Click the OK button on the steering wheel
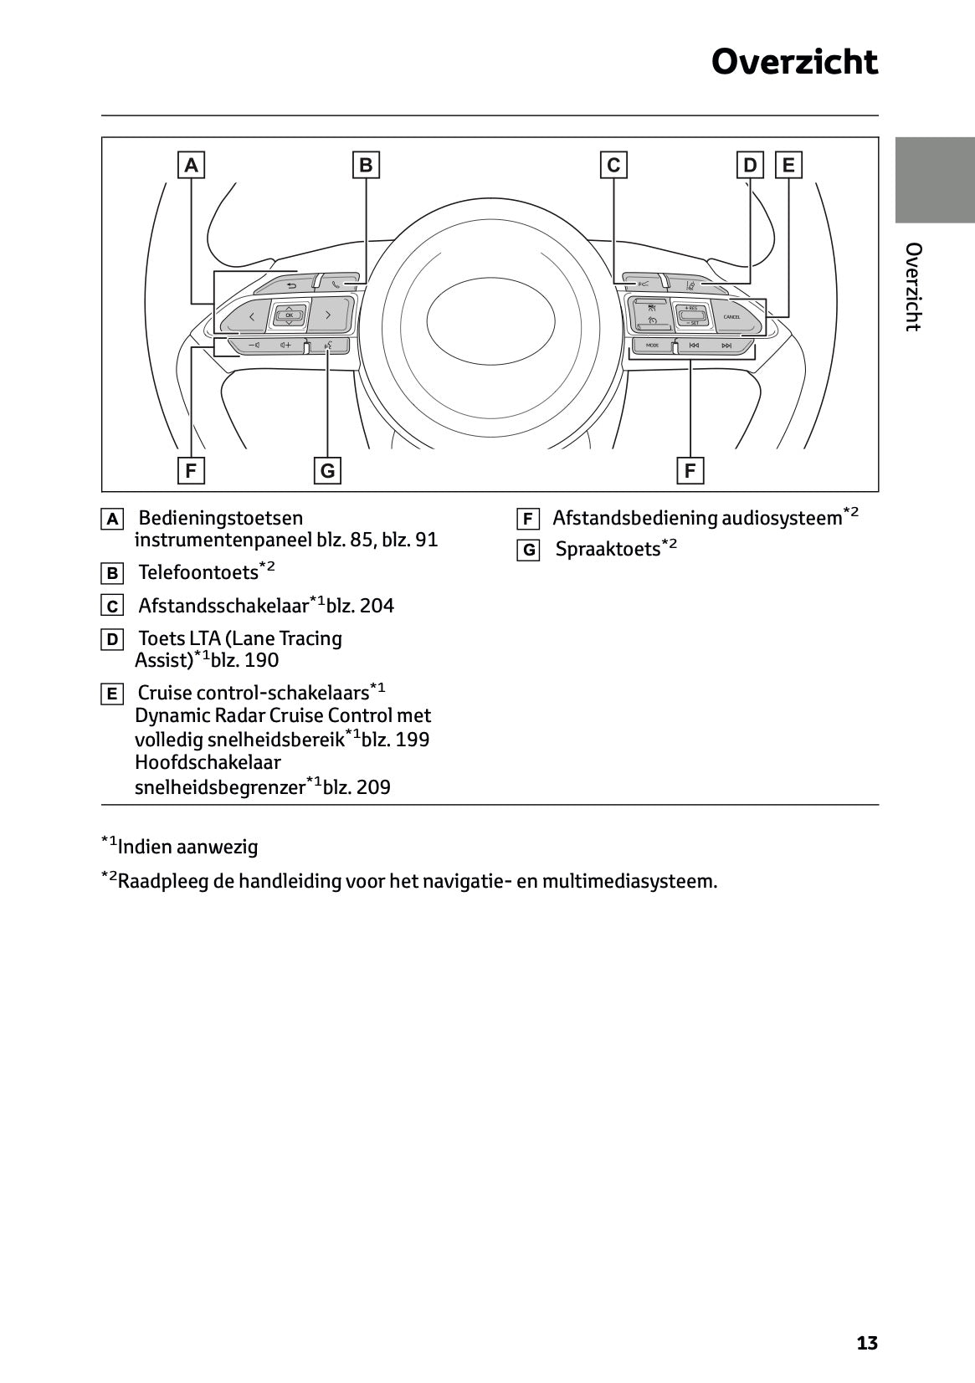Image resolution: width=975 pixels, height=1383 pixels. [289, 315]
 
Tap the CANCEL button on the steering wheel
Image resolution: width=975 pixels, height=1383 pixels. [731, 317]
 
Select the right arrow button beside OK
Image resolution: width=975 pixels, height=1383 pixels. [328, 315]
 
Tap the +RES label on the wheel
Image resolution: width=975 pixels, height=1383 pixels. [690, 308]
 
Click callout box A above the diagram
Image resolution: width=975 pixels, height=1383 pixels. [192, 165]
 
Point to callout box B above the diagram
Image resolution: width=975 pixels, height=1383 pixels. [366, 165]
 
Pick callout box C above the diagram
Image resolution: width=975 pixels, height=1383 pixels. [613, 165]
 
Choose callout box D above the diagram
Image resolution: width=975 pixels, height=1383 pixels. [750, 165]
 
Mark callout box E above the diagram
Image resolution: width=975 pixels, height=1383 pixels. [788, 165]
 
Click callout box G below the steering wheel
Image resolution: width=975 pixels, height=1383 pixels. [327, 470]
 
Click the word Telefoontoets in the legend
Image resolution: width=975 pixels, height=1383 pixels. [198, 573]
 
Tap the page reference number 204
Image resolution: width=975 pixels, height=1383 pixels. [377, 606]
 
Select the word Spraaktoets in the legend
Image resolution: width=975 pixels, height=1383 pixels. [608, 550]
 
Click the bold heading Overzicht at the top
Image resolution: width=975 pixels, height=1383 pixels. [794, 62]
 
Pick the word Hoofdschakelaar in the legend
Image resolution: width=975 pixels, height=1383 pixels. [208, 762]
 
